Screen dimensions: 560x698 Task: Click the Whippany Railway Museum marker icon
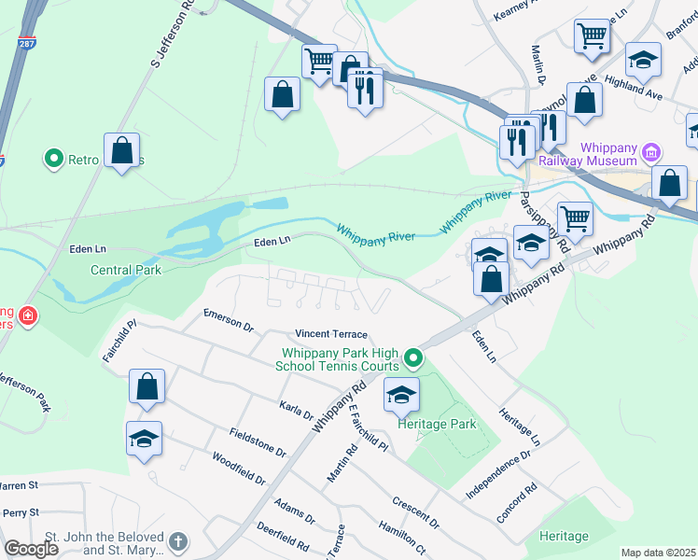pos(653,151)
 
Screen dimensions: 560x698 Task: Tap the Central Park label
pos(126,271)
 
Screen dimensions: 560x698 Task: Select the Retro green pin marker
pos(54,160)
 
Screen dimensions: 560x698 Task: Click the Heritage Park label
pos(437,424)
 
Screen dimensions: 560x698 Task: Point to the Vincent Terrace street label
pos(331,334)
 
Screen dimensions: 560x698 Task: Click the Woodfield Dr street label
pos(239,469)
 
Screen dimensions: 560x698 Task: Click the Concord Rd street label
pos(517,502)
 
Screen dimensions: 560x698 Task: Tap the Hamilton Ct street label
pos(402,539)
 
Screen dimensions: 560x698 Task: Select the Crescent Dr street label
pos(416,511)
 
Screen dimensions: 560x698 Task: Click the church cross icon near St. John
pos(177,541)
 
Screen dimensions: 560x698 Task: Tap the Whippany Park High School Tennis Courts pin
pos(412,357)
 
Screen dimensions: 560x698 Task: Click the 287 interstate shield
pos(21,44)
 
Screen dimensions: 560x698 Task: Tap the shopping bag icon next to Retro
pos(121,150)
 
